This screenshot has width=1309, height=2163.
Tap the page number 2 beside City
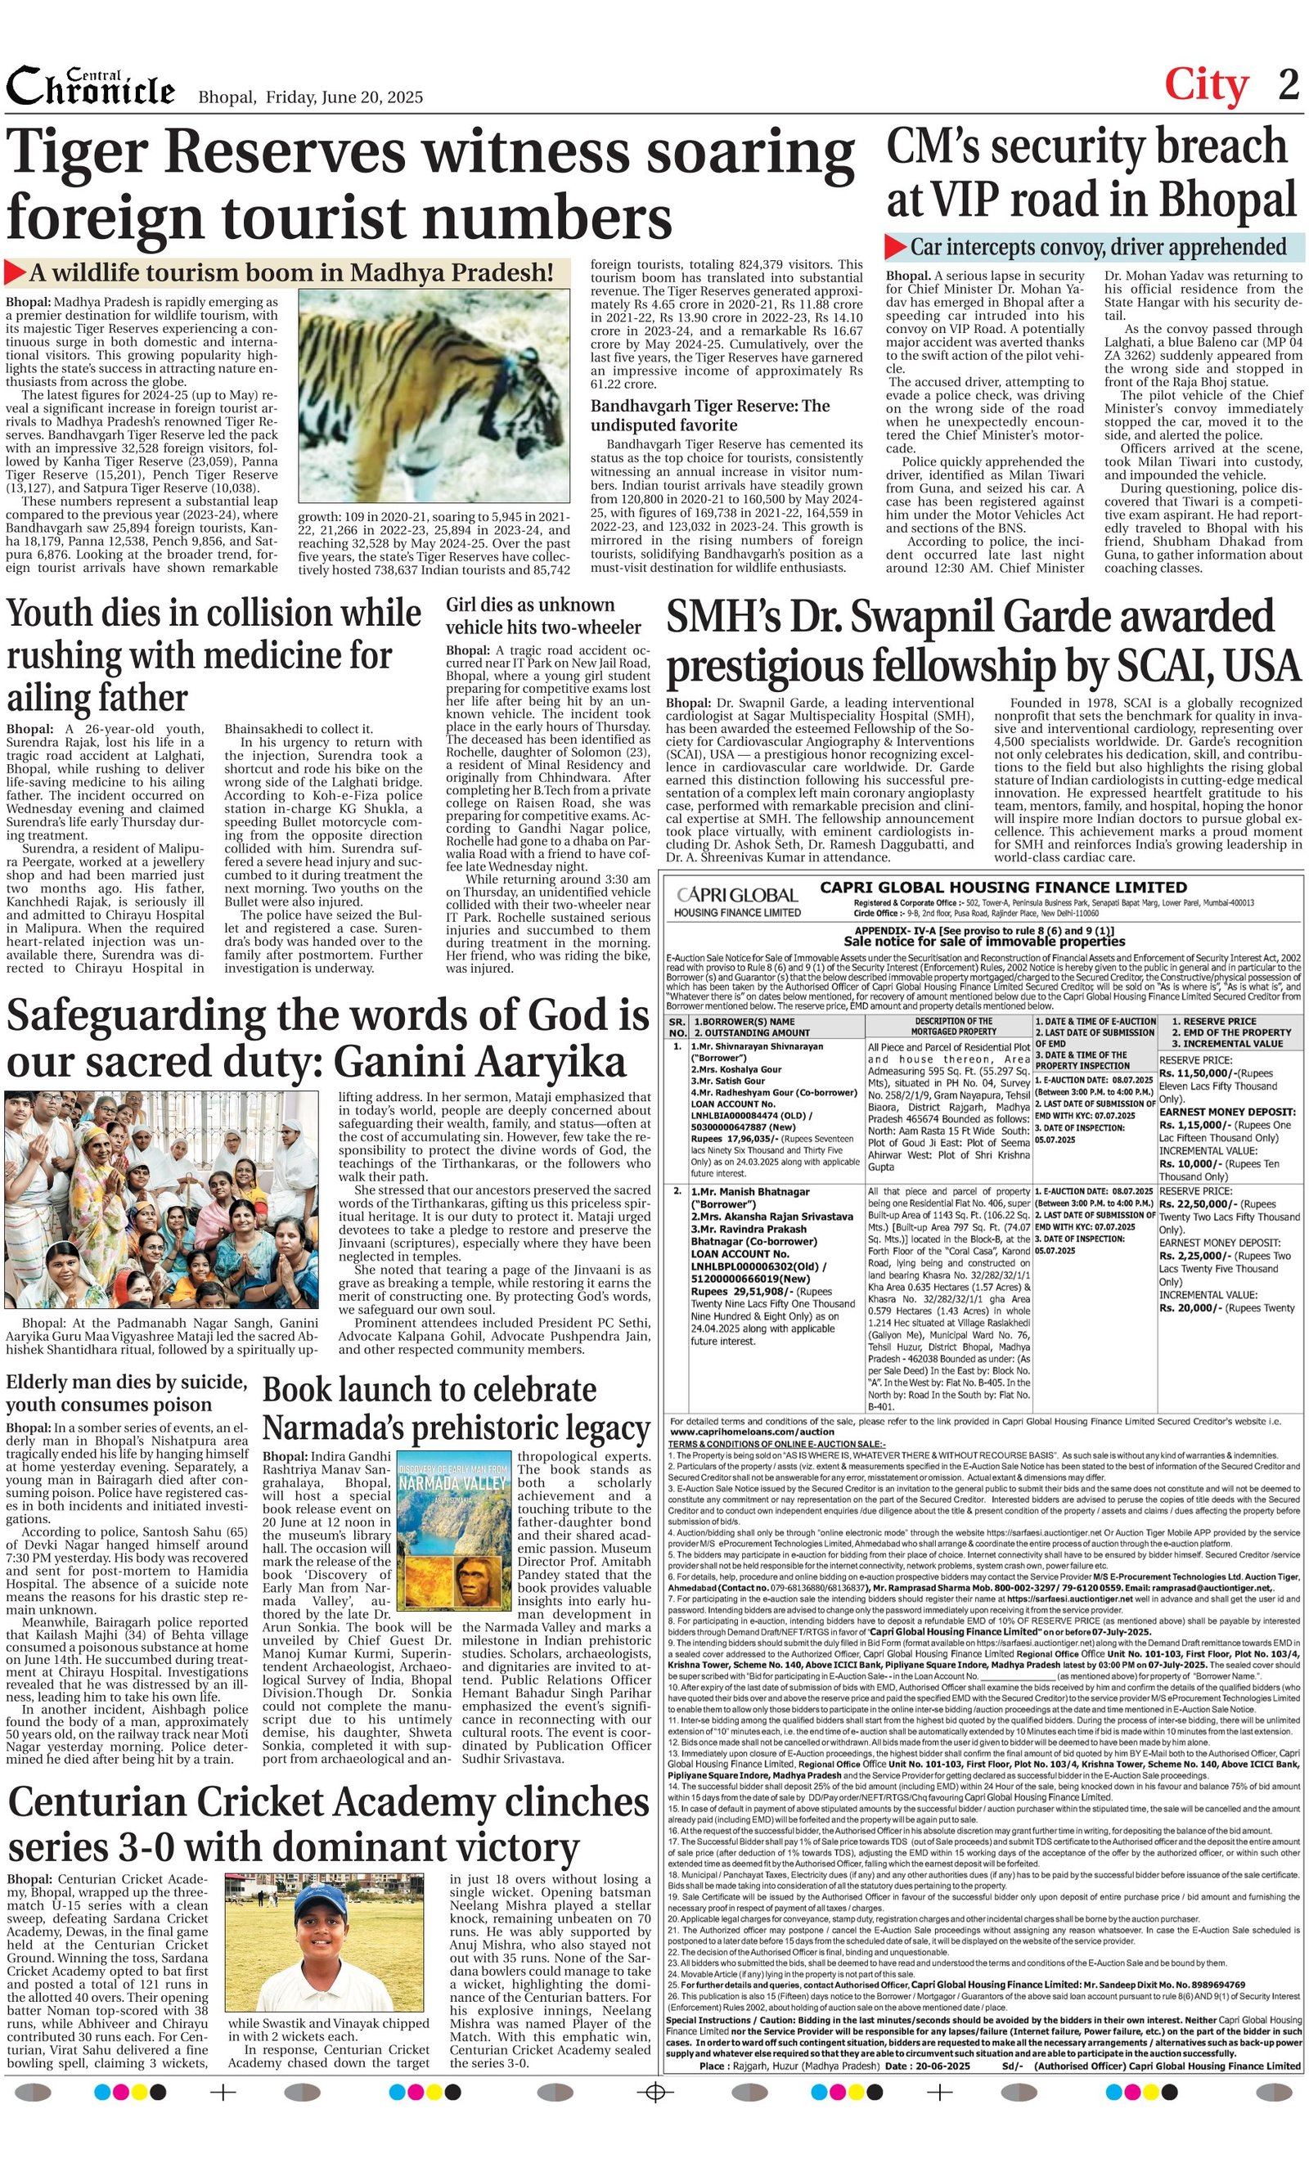point(1288,85)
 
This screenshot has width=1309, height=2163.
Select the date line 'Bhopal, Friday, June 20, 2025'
point(310,97)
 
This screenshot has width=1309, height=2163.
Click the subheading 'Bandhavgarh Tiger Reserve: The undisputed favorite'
point(709,416)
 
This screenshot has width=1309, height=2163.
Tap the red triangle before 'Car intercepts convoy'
point(894,247)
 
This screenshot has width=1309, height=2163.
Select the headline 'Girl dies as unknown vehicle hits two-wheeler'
point(542,616)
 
